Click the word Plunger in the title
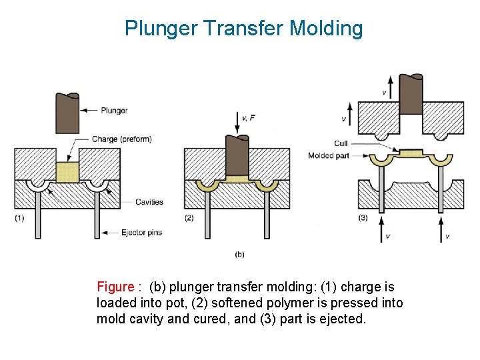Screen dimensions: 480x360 point(161,29)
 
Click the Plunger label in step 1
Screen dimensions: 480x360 point(114,111)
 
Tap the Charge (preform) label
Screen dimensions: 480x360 point(122,139)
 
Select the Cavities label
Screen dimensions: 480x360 point(149,202)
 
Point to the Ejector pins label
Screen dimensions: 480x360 point(141,233)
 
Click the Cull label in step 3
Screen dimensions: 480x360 point(341,143)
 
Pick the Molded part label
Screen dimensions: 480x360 point(329,156)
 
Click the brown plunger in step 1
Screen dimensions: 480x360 point(67,113)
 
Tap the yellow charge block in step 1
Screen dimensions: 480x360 point(67,173)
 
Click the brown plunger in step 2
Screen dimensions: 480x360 point(237,155)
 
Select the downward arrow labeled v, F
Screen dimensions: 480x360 point(237,123)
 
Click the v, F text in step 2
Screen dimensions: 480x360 point(248,118)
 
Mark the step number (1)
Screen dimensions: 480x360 point(19,218)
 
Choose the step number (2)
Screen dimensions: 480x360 point(189,218)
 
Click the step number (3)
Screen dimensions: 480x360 point(363,218)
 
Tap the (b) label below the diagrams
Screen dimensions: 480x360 point(239,255)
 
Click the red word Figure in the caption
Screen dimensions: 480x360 point(116,287)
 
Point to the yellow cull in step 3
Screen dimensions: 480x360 point(411,153)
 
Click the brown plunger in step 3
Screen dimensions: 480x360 point(411,94)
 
